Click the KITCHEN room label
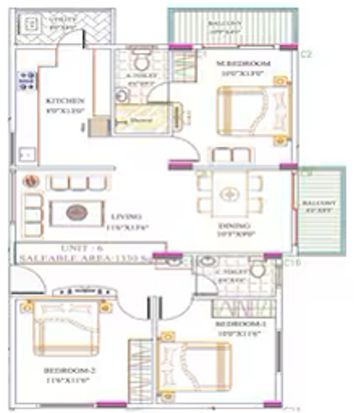(x=64, y=100)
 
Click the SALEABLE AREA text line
(x=90, y=258)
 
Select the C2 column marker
(x=306, y=54)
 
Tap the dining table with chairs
(x=229, y=194)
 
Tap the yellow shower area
(x=135, y=119)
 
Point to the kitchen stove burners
(x=27, y=81)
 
